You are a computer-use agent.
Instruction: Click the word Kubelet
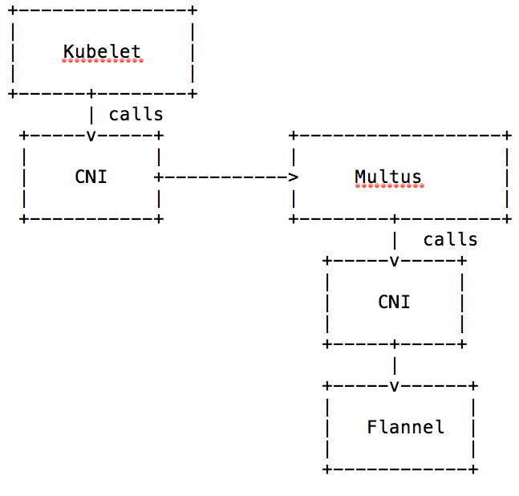[x=102, y=51]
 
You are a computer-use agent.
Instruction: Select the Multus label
[x=388, y=177]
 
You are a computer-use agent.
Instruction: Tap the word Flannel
[x=405, y=427]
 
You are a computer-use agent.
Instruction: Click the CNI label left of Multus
[x=91, y=177]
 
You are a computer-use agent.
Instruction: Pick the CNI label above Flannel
[x=394, y=302]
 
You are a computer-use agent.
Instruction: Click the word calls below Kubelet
[x=136, y=114]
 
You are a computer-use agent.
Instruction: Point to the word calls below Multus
[x=450, y=239]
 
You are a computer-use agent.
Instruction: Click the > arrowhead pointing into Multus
[x=294, y=177]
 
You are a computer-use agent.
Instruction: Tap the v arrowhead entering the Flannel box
[x=394, y=386]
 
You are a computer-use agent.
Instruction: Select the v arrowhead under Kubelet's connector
[x=91, y=135]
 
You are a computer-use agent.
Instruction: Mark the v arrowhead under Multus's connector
[x=394, y=260]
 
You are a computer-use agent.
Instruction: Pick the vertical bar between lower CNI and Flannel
[x=394, y=365]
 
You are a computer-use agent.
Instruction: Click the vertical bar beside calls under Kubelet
[x=91, y=114]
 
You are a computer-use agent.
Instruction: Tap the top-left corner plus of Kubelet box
[x=12, y=10]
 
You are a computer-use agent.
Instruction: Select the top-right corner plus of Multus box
[x=507, y=135]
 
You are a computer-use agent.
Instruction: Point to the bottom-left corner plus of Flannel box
[x=326, y=469]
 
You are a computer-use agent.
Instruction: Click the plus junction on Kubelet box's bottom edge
[x=91, y=93]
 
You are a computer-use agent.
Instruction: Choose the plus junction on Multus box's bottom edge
[x=394, y=218]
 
